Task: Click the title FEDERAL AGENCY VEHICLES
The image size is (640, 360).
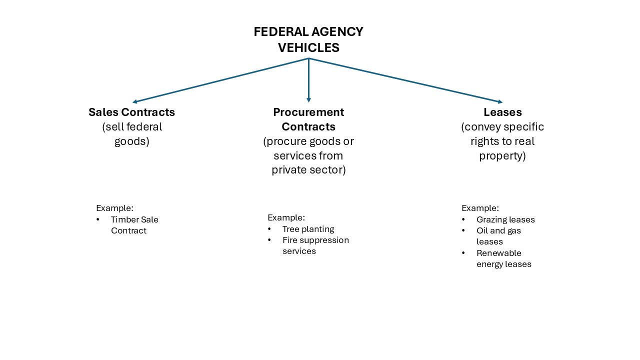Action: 308,39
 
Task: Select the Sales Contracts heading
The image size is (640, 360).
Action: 131,112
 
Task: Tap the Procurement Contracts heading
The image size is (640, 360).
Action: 308,119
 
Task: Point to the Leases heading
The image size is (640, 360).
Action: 502,112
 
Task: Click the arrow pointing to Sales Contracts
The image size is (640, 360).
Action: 220,80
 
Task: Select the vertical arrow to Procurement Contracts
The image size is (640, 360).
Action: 308,80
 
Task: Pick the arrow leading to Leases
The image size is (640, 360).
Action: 405,80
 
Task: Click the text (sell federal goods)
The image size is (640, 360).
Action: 132,134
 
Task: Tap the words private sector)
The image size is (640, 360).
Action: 308,170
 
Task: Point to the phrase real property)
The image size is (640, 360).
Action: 502,155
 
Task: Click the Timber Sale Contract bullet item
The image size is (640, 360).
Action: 134,225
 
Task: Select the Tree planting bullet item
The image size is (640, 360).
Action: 308,229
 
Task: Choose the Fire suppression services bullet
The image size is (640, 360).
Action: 315,245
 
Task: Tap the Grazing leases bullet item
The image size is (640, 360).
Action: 505,219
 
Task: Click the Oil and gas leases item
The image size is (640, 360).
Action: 498,236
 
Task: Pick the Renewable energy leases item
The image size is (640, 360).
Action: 503,258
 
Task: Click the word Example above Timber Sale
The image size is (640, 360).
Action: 114,208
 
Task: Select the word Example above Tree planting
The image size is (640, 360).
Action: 286,217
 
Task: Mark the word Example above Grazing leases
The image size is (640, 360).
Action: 480,208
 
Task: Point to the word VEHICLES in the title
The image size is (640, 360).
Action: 308,47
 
